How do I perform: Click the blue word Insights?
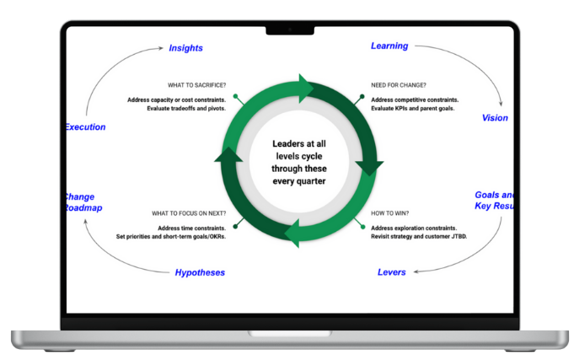coord(185,48)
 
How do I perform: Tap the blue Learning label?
coord(389,46)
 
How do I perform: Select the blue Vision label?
coord(495,118)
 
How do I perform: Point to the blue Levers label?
coord(392,272)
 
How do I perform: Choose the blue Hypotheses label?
coord(201,272)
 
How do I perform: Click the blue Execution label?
coord(86,127)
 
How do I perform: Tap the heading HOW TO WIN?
coord(391,214)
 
